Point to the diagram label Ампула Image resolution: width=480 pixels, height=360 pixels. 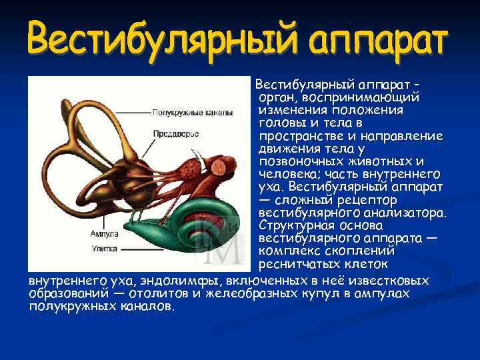click(105, 235)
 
